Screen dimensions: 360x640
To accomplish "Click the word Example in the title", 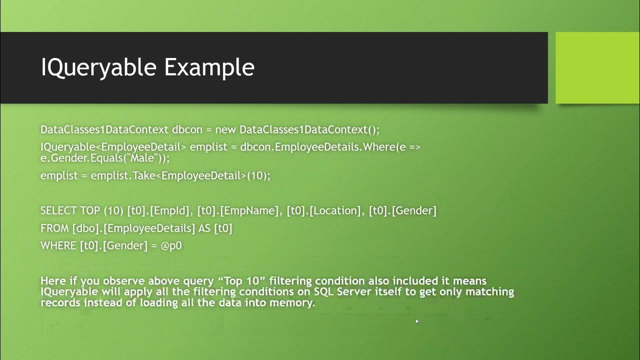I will point(209,67).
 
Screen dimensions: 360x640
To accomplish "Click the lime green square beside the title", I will point(597,67).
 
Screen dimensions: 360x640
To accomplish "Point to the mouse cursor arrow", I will point(417,321).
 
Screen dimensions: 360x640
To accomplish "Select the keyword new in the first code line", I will point(225,130).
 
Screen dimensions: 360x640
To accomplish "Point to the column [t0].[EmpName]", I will point(239,211).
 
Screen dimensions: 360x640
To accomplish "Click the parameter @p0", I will point(171,246).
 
